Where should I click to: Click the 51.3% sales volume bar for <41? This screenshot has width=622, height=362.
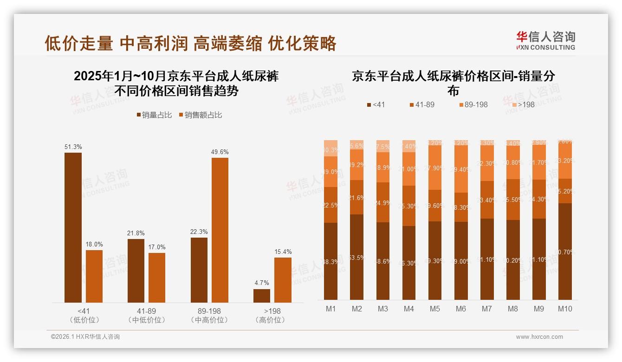pos(73,227)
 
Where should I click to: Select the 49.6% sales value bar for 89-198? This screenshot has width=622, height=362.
pos(220,230)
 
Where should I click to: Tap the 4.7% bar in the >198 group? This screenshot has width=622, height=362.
pos(261,296)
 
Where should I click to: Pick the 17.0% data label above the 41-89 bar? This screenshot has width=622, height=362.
pos(157,247)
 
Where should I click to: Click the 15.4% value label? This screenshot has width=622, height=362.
pos(283,252)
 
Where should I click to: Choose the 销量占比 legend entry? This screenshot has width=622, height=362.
pos(154,115)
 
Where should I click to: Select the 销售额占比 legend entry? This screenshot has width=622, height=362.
pos(200,115)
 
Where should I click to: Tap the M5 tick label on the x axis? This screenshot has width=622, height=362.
pos(434,309)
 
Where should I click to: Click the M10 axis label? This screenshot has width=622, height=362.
pos(564,309)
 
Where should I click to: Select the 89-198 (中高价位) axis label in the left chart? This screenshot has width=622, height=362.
pos(209,315)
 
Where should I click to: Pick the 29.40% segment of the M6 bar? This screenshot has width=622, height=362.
pos(461,169)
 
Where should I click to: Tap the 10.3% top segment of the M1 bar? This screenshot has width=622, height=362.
pos(330,148)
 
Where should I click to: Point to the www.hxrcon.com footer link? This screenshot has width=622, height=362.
pos(539,337)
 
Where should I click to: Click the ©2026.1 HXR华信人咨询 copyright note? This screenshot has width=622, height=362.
pos(85,337)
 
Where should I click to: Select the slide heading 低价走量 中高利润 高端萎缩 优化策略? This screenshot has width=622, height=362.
pos(190,43)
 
